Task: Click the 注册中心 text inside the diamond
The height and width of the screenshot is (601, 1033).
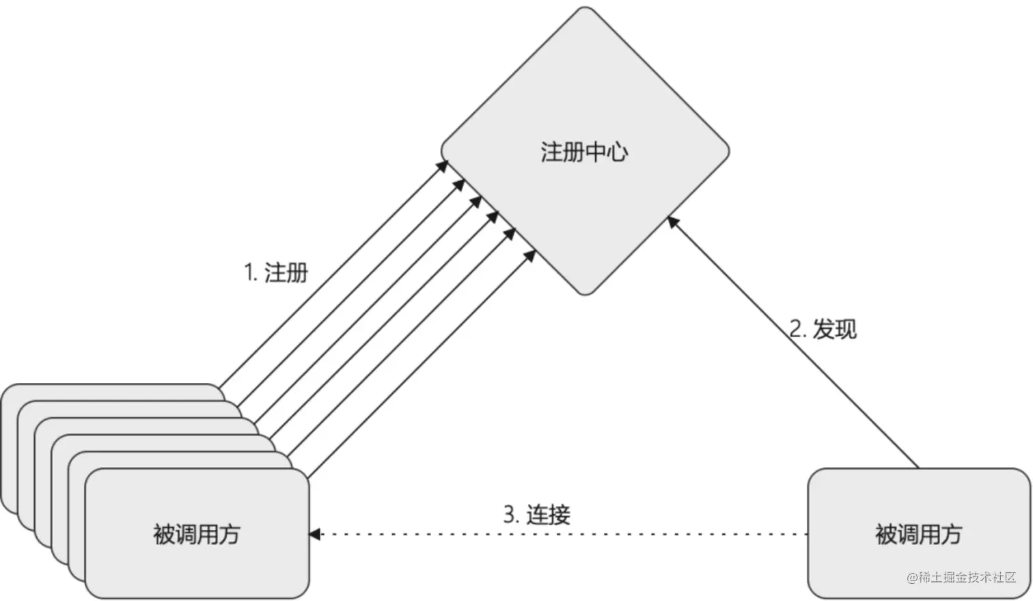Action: (x=584, y=152)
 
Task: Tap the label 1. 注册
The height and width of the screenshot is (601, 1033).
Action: (x=276, y=273)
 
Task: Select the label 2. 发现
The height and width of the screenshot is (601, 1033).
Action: (x=823, y=329)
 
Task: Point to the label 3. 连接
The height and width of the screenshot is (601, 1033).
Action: (x=536, y=514)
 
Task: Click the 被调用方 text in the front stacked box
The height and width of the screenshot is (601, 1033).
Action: (x=197, y=534)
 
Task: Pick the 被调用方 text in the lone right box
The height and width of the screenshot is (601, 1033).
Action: (x=918, y=534)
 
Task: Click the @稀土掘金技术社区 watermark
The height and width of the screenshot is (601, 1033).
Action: (x=961, y=577)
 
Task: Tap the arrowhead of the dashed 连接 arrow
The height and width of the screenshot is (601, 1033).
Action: (x=315, y=534)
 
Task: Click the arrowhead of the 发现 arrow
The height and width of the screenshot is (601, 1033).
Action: (x=672, y=221)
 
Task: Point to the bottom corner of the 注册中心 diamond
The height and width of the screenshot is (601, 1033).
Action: (x=586, y=294)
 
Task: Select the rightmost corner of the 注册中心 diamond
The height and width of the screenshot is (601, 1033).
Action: (x=728, y=151)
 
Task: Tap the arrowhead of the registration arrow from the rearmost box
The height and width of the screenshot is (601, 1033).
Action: (x=443, y=165)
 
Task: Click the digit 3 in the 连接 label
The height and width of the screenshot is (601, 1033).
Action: (x=508, y=514)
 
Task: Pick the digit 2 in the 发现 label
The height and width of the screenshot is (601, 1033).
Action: (x=795, y=329)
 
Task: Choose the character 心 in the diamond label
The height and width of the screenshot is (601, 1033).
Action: (x=618, y=152)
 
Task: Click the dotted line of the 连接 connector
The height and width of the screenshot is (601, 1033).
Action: (x=560, y=534)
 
